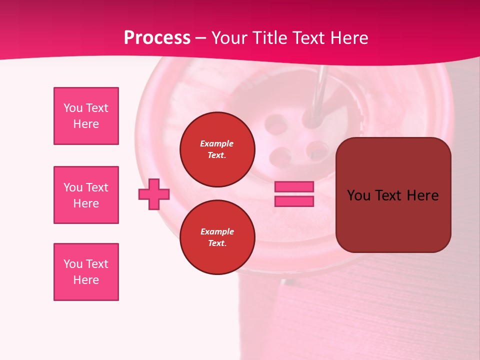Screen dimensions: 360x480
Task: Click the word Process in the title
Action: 157,38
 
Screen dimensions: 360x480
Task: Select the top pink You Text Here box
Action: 86,116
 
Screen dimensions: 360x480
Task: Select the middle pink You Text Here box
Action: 86,195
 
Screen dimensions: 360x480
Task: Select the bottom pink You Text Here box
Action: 86,272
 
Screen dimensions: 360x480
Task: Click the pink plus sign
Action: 154,194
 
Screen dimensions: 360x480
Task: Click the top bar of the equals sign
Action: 294,187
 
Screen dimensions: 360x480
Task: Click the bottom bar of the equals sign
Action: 294,201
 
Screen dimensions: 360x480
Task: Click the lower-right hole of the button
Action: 316,148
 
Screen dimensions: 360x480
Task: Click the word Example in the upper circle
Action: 217,143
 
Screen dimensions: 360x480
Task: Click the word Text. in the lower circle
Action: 217,243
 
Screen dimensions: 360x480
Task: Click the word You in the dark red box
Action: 358,195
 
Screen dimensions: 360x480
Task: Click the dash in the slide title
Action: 200,38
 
